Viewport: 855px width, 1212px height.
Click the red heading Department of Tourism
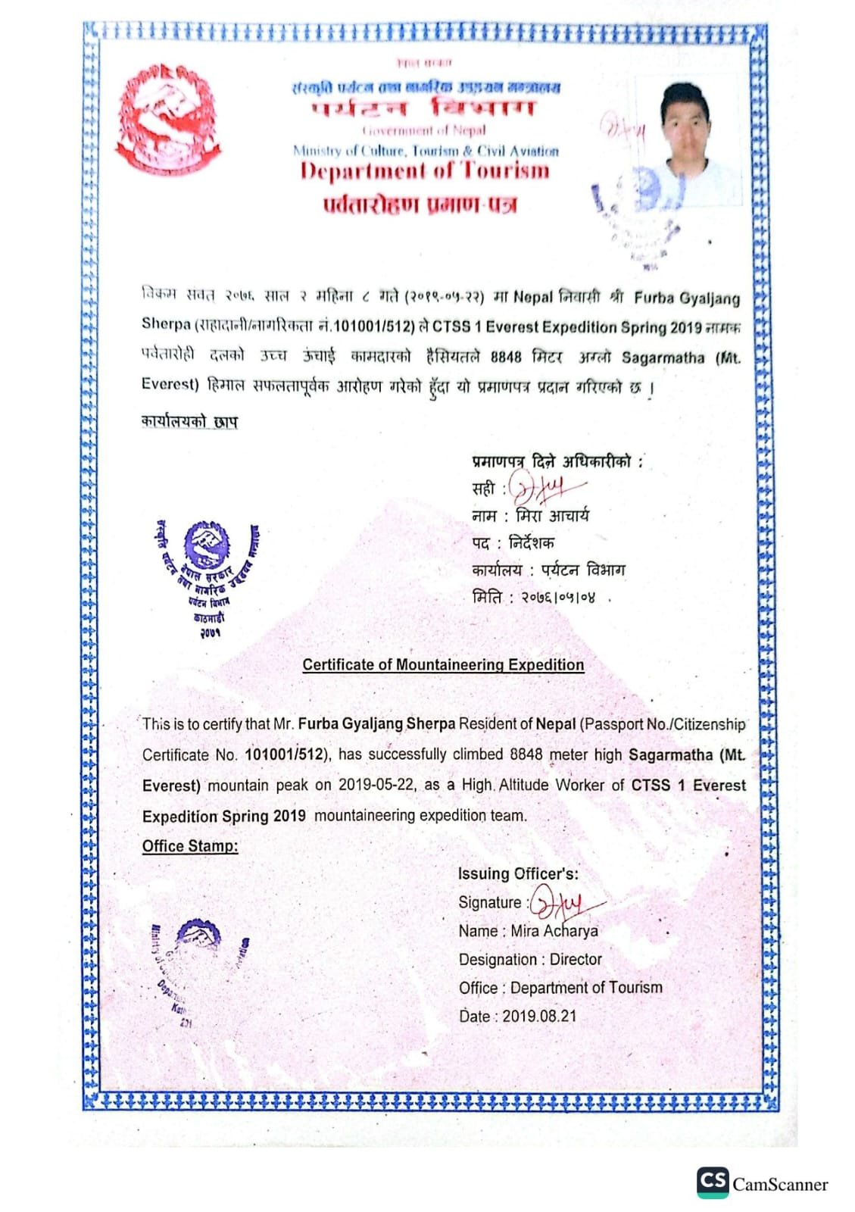425,170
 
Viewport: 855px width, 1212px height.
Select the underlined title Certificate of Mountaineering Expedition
443,665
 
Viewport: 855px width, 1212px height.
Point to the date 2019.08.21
539,1017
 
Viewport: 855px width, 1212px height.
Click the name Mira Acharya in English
554,931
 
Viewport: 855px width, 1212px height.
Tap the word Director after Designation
576,960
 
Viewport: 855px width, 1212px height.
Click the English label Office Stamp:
190,846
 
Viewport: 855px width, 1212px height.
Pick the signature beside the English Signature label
564,903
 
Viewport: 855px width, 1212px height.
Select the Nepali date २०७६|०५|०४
557,598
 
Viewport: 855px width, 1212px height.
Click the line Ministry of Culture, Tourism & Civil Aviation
426,151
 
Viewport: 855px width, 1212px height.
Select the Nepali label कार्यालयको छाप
189,422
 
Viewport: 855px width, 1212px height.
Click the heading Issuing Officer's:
518,873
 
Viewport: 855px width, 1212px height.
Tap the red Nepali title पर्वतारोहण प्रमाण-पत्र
420,205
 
